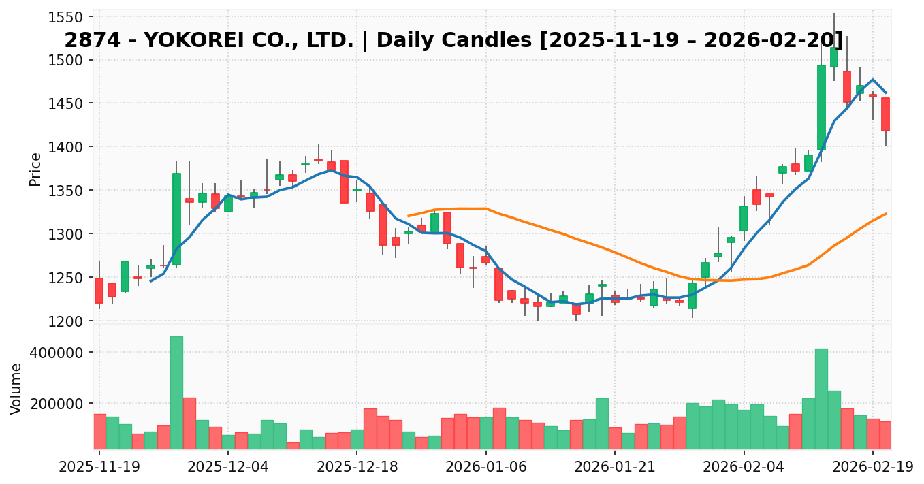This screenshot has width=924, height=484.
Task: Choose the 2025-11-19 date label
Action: [x=99, y=468]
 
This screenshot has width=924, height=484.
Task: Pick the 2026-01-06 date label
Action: [x=486, y=468]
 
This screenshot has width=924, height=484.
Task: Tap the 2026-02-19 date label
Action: [x=873, y=468]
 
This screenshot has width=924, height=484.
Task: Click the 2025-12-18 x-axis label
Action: [x=357, y=468]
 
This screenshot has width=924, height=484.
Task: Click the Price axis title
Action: [x=35, y=169]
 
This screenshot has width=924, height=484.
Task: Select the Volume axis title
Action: [x=16, y=389]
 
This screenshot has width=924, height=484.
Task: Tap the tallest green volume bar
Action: [x=176, y=392]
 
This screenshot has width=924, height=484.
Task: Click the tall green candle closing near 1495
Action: [x=821, y=108]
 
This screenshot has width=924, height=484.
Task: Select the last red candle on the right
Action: [x=885, y=114]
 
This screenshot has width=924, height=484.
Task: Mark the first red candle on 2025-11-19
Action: [x=99, y=291]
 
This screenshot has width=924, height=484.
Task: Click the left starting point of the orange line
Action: [x=409, y=216]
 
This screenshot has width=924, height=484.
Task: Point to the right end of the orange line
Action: [x=886, y=214]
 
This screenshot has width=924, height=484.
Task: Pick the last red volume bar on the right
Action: [x=885, y=435]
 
